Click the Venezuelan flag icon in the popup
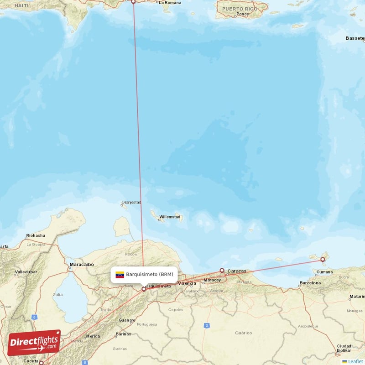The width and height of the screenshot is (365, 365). coord(120,275)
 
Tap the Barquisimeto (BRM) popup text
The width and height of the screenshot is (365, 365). coord(150,275)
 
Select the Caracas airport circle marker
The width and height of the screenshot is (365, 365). coord(222,270)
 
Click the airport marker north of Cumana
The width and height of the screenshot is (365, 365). coord(323,260)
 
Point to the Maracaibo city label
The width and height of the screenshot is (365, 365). coord(82,264)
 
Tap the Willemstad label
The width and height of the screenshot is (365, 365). coord(170,217)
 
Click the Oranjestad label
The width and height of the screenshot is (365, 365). coord(131,202)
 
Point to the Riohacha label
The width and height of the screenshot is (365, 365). coord(36,235)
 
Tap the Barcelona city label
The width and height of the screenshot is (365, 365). coord(310,283)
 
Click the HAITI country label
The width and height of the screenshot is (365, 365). coord(21,5)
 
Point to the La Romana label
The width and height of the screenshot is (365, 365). coord(170,3)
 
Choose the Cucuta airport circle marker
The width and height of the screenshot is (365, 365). coord(41,363)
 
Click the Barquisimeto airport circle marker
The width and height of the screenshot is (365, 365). coord(144,288)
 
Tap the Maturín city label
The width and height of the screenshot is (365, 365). coord(356,297)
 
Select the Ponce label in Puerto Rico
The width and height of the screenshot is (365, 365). coord(243,14)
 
